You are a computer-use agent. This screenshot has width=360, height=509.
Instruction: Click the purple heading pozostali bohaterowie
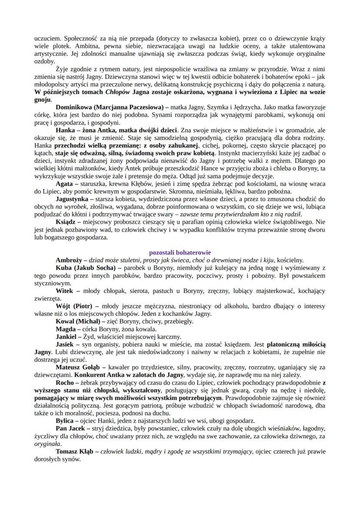point(180,252)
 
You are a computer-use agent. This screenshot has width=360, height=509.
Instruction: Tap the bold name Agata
point(65,184)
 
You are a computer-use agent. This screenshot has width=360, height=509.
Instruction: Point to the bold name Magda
point(66,329)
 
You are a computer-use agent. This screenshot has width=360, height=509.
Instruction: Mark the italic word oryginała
point(47,444)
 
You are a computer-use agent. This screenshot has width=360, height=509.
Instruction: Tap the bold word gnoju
point(42,99)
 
